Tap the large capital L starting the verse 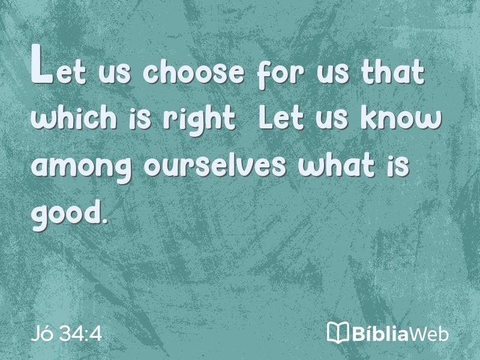[42, 64]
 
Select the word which [73, 117]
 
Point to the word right [199, 120]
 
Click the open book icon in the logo [338, 332]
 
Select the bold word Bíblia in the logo [380, 333]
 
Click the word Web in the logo [429, 334]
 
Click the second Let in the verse [281, 118]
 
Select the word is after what [398, 166]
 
